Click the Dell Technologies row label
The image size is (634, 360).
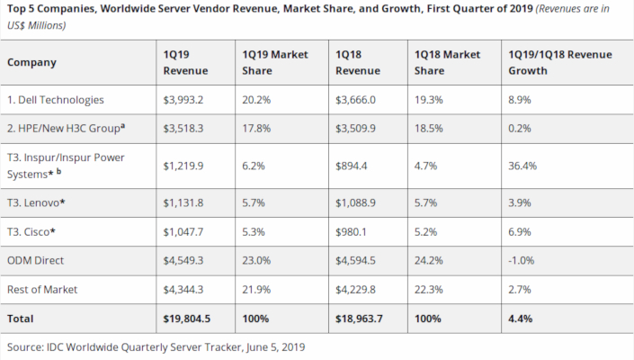pos(56,100)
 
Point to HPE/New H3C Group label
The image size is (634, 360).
pos(65,127)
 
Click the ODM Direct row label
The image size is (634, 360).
pos(36,262)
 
